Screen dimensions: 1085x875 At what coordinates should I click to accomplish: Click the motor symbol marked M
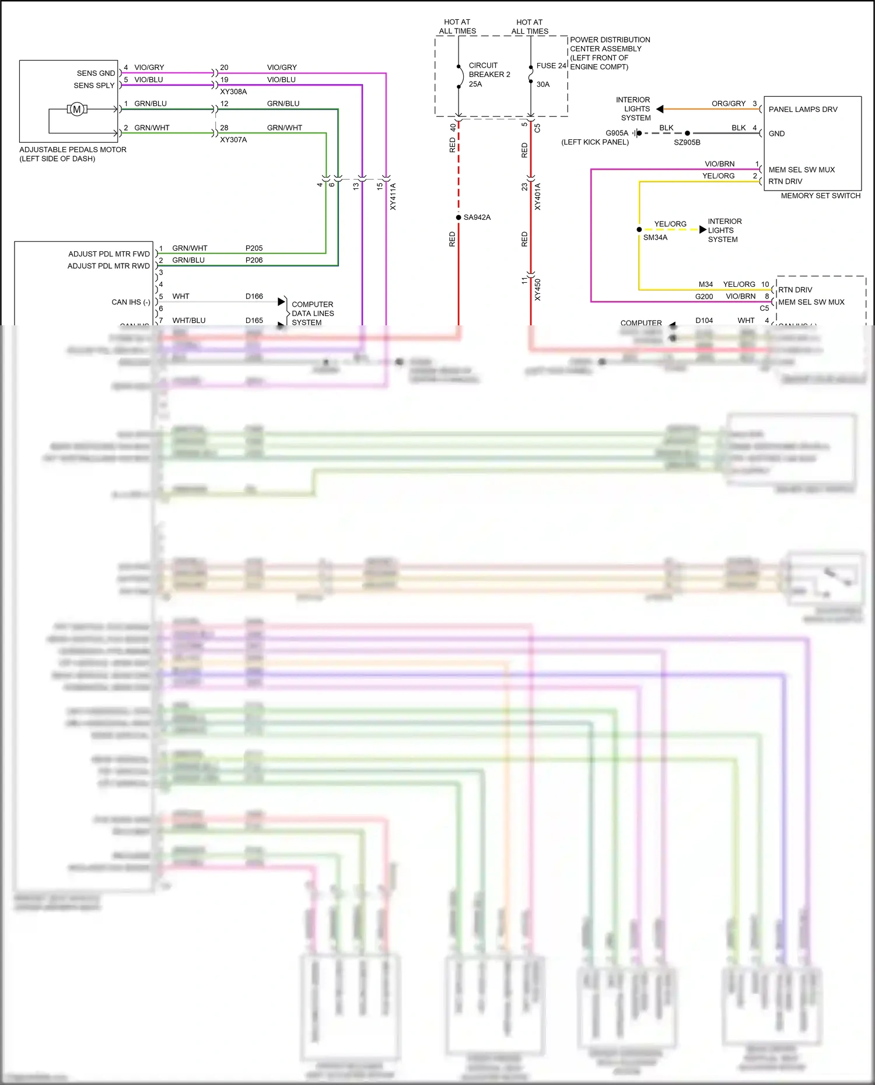click(76, 109)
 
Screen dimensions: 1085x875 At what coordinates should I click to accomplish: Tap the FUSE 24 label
click(551, 66)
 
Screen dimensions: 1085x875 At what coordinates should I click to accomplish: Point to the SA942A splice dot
click(459, 217)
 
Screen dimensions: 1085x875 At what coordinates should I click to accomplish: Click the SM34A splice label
click(655, 238)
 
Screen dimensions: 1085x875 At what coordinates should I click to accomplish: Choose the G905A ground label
click(617, 134)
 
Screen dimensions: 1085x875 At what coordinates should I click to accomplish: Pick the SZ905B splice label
click(687, 143)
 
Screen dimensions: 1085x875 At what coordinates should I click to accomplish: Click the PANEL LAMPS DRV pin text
click(803, 110)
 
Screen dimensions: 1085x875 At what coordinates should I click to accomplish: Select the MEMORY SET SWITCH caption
click(820, 196)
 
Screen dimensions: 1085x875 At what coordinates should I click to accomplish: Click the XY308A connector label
click(233, 92)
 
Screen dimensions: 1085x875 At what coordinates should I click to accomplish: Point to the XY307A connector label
click(233, 140)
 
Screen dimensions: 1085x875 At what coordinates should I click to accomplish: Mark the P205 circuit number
click(254, 248)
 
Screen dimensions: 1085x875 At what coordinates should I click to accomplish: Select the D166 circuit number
click(254, 297)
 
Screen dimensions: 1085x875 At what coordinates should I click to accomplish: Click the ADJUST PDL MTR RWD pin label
click(108, 266)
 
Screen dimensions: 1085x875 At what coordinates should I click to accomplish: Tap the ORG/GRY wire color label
click(728, 104)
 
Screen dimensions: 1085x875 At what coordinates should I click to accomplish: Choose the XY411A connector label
click(393, 196)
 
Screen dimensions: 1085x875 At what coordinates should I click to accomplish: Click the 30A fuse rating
click(542, 85)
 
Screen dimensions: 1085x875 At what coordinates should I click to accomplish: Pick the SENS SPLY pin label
click(94, 86)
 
